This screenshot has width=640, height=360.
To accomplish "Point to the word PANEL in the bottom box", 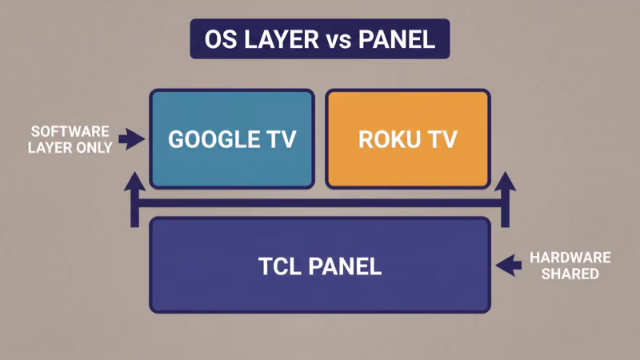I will point(347,266).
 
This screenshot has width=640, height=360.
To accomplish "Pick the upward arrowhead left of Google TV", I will point(136,183).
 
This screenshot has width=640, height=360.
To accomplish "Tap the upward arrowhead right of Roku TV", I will point(505,183).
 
